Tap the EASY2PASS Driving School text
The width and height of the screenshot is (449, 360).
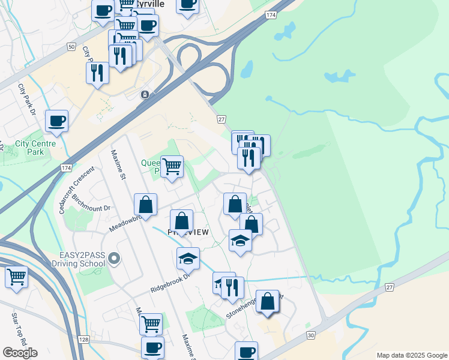click(x=82, y=260)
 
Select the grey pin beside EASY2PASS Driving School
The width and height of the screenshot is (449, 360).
click(x=115, y=259)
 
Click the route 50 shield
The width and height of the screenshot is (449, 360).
click(x=71, y=46)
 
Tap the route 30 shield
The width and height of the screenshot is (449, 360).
click(x=310, y=335)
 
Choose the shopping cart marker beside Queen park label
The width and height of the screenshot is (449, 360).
click(x=172, y=166)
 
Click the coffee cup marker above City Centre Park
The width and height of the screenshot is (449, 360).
click(x=56, y=120)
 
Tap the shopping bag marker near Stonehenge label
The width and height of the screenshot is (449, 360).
click(x=267, y=301)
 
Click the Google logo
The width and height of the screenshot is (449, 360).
click(x=20, y=352)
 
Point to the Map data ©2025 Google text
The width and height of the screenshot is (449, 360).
click(x=411, y=355)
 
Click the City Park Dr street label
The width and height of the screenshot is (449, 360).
click(x=27, y=99)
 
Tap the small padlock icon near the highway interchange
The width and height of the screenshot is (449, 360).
click(x=145, y=95)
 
